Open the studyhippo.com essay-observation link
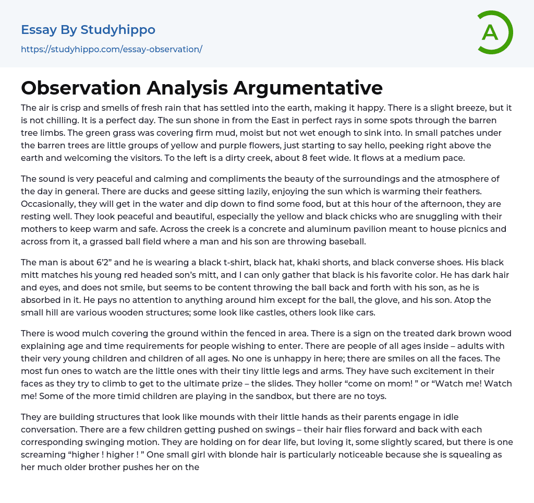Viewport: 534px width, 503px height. (111, 50)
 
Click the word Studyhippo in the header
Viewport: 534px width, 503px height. (118, 30)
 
